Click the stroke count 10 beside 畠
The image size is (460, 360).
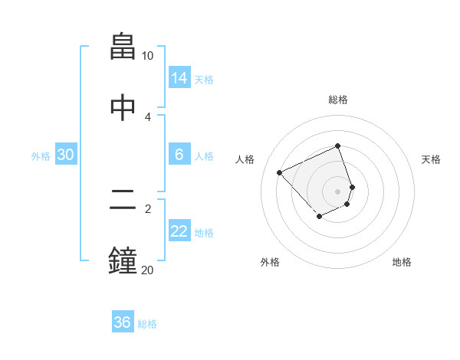coord(148,56)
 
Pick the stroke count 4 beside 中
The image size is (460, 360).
coord(148,116)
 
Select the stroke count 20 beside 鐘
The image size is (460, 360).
coord(147,270)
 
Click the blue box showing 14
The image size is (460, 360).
coord(179,78)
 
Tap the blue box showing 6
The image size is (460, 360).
coord(179,155)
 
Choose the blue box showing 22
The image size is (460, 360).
coord(179,231)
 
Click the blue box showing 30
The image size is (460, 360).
coord(66,155)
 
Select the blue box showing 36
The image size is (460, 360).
coord(123,322)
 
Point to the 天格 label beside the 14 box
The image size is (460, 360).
coord(204,80)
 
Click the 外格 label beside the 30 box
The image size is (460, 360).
coord(41,156)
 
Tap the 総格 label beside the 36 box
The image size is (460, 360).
coord(147,324)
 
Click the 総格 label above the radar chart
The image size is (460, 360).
coord(338,100)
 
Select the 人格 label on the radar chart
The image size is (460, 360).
coord(245,159)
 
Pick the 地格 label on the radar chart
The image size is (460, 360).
coord(402,262)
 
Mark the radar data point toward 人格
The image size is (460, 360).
coord(280,172)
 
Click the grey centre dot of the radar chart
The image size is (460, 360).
coord(338,191)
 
